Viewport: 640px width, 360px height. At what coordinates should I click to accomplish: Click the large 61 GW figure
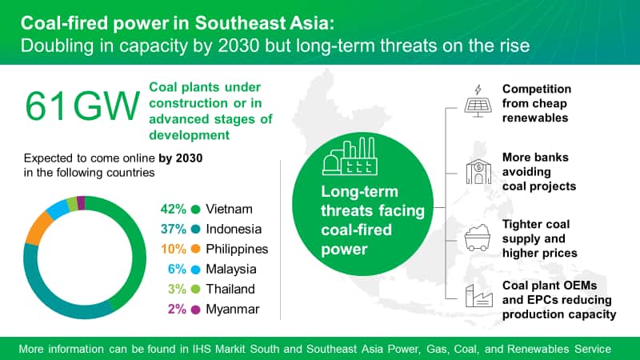pyautogui.click(x=82, y=106)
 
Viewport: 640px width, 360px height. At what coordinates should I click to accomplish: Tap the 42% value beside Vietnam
pyautogui.click(x=173, y=209)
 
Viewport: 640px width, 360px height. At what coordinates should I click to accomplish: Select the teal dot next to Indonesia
pyautogui.click(x=195, y=230)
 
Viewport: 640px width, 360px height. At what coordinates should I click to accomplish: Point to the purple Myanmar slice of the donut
pyautogui.click(x=81, y=203)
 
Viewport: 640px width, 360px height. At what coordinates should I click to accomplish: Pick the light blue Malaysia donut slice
pyautogui.click(x=58, y=210)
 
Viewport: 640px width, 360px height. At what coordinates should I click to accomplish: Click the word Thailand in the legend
pyautogui.click(x=230, y=289)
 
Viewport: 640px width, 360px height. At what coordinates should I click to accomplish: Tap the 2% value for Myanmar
pyautogui.click(x=177, y=309)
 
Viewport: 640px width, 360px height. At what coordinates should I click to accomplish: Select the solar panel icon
pyautogui.click(x=478, y=102)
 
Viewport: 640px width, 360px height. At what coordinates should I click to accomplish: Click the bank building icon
pyautogui.click(x=478, y=171)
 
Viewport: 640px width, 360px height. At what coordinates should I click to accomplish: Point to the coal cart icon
pyautogui.click(x=477, y=238)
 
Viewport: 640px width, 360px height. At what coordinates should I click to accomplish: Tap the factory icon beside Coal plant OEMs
pyautogui.click(x=478, y=296)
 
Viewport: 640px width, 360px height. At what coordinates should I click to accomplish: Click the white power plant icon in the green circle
pyautogui.click(x=350, y=157)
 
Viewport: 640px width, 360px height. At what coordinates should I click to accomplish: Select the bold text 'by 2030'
pyautogui.click(x=181, y=158)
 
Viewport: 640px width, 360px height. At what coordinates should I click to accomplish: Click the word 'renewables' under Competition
pyautogui.click(x=535, y=118)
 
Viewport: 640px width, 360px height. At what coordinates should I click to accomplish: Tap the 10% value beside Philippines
pyautogui.click(x=174, y=249)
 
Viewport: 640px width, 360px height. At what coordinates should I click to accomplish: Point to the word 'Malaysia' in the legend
pyautogui.click(x=231, y=269)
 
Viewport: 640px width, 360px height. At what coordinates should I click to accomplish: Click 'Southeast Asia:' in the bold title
pyautogui.click(x=265, y=23)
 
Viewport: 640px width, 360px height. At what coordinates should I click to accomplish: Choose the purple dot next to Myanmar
pyautogui.click(x=195, y=310)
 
